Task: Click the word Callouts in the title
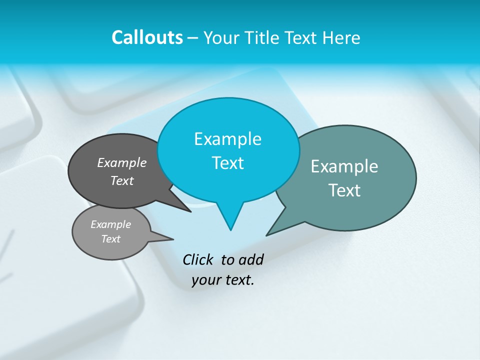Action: pos(147,37)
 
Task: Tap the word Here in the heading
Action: pos(341,37)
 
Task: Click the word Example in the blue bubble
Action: pos(227,139)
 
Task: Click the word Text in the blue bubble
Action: pos(227,163)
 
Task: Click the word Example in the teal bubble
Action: pos(344,166)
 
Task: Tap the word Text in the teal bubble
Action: pos(344,190)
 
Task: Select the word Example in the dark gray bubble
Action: pos(122,162)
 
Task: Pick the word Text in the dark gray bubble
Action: pos(122,180)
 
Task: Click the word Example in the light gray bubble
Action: pos(110,224)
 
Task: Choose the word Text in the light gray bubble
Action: pos(110,239)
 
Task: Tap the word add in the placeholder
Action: pos(250,259)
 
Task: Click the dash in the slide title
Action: pos(193,37)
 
